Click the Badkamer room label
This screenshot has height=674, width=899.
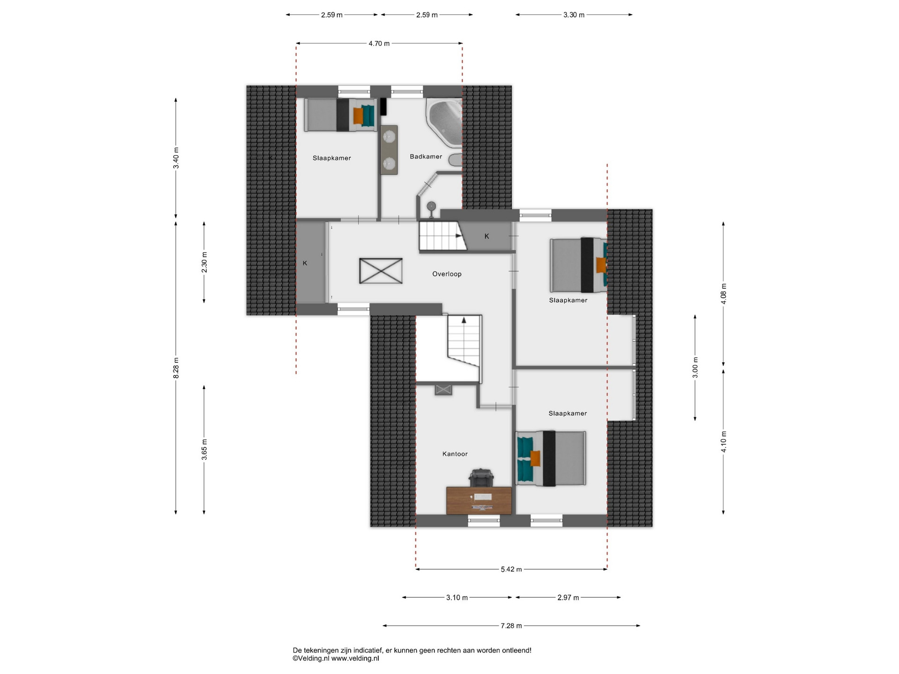tap(426, 156)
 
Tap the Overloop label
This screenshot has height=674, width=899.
tap(447, 274)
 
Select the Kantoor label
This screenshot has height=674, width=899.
tap(455, 454)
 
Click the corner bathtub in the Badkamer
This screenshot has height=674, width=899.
tap(444, 123)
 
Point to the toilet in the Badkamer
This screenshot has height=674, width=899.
tap(455, 159)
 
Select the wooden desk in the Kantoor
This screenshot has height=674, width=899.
tap(479, 500)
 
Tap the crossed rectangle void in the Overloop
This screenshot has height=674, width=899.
tap(381, 271)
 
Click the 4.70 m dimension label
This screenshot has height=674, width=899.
tap(379, 44)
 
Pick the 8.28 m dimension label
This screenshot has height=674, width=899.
tap(176, 367)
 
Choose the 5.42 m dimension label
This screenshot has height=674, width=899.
tap(511, 569)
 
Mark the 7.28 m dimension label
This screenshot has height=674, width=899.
tap(511, 625)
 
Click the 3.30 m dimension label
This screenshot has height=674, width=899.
tap(574, 15)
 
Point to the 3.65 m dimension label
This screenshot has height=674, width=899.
tap(204, 449)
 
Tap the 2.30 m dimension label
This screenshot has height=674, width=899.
tap(204, 262)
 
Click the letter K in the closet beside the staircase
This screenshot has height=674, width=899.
tap(486, 236)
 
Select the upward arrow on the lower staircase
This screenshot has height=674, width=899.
tap(464, 321)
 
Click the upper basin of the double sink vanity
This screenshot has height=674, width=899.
tap(389, 136)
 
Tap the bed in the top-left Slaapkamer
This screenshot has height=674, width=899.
tap(340, 115)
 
